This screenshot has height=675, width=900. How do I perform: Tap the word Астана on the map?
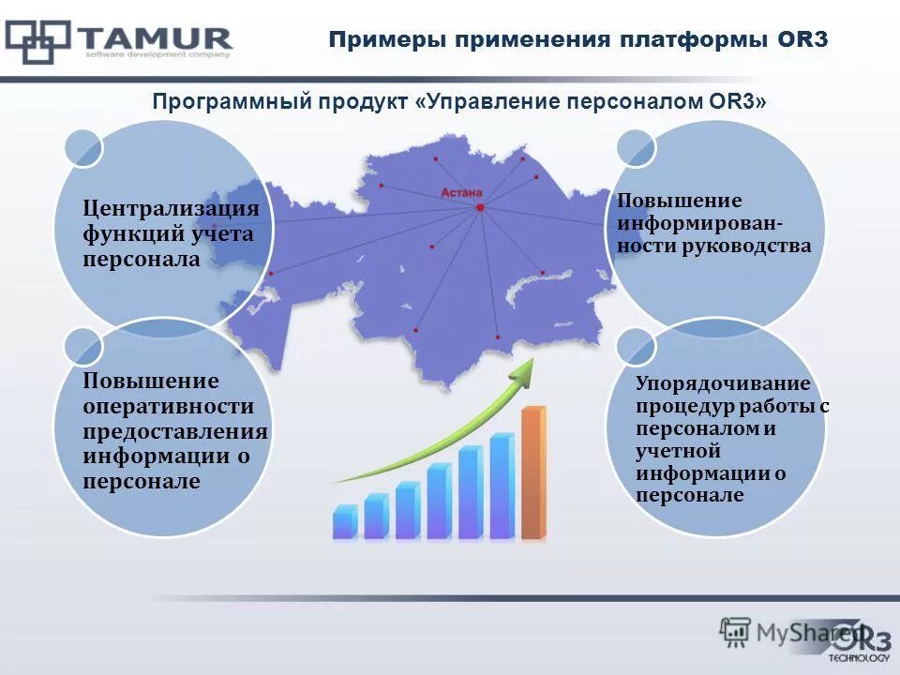[460, 193]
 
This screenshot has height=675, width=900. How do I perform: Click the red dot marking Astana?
[479, 207]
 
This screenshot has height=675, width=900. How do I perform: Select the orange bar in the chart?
[532, 473]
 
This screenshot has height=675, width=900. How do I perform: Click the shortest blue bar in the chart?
[344, 522]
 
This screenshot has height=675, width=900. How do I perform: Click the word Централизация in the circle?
[171, 208]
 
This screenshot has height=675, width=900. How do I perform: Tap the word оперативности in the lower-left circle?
[169, 406]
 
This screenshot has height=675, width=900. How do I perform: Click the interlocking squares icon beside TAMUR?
[37, 40]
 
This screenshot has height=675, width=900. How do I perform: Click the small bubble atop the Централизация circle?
[82, 148]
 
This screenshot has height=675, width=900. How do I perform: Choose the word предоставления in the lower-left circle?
[175, 431]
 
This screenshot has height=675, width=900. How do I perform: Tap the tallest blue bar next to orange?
[502, 487]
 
